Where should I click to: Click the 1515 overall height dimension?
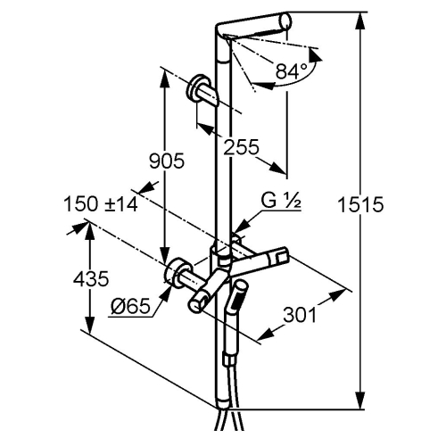coord(361,204)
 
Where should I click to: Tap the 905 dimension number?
coord(167,161)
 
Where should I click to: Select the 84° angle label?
coord(292,71)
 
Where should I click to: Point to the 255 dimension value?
coord(241,147)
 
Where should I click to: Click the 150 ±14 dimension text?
coord(101,204)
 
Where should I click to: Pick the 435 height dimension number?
coord(91,279)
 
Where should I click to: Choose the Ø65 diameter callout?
coord(130,306)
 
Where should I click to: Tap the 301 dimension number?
coord(299,315)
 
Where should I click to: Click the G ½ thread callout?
coord(281,201)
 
